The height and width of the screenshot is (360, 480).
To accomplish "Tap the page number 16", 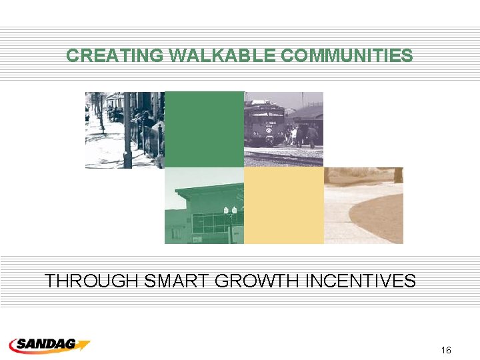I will click(446, 350).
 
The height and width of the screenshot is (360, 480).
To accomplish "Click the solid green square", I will click(204, 129).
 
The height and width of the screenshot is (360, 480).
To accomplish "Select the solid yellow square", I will click(283, 205).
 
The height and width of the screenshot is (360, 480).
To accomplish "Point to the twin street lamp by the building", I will click(230, 211).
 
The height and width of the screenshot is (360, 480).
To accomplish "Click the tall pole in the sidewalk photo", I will click(127, 130).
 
